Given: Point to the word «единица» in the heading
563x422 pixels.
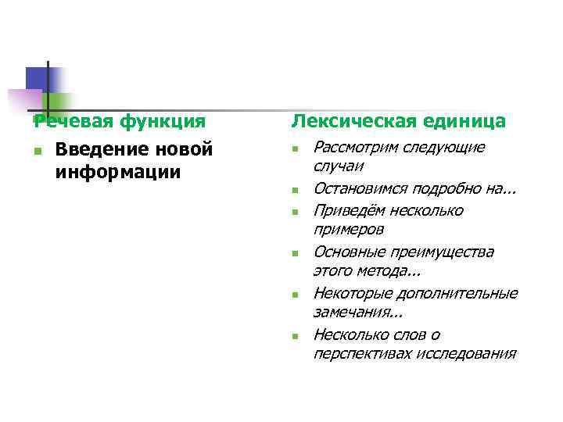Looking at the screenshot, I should point(466,121).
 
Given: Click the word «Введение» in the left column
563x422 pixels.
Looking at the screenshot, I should point(100,148).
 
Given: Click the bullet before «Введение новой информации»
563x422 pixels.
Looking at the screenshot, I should point(37,150).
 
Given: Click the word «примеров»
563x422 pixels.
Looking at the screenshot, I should point(348,231).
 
